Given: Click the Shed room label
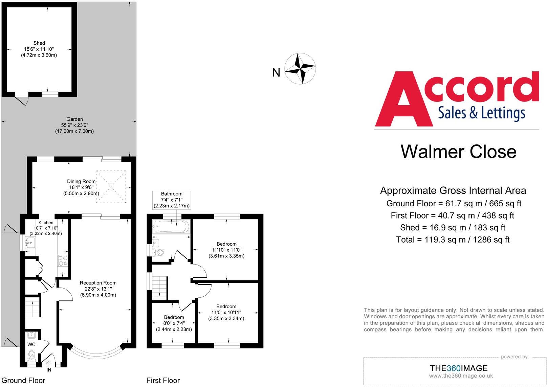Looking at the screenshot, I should point(39,43).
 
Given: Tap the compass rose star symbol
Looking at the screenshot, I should point(300,68).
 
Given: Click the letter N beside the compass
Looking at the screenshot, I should point(276,72).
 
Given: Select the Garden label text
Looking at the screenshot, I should point(74,119).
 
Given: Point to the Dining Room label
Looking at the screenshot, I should point(81,181).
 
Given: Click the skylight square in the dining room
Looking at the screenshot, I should point(111,186).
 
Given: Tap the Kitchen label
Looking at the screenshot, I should point(46,223).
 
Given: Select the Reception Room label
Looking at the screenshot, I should point(98,283).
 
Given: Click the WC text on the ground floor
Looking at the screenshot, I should point(31,344).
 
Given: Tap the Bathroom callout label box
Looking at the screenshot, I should point(172,200).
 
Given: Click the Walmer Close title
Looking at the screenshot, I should point(459,151).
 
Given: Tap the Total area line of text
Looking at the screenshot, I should point(453,240).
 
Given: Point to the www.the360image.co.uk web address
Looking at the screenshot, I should point(461,376).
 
